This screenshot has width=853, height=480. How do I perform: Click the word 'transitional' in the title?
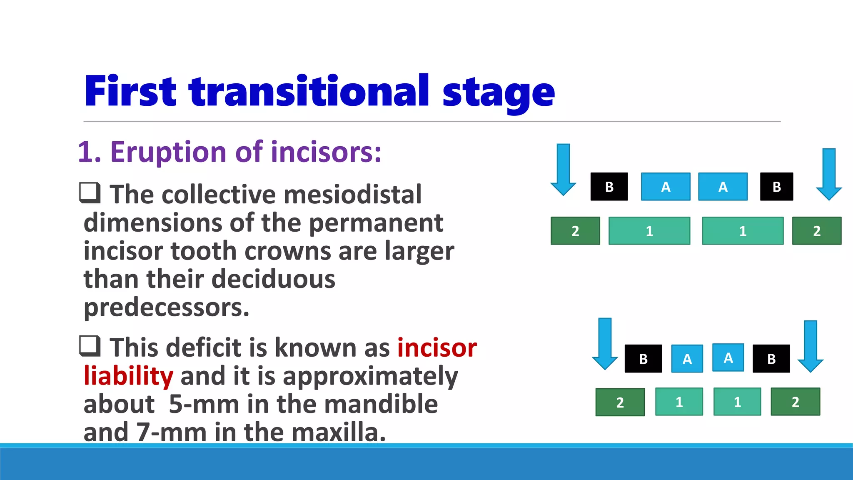(309, 91)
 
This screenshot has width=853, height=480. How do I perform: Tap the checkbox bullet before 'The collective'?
(90, 193)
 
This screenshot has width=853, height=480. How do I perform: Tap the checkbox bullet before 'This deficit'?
(90, 346)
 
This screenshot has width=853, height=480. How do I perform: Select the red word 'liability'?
(128, 376)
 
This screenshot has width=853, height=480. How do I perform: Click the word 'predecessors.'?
(167, 307)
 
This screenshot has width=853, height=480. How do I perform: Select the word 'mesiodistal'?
(352, 195)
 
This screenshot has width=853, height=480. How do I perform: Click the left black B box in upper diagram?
(609, 187)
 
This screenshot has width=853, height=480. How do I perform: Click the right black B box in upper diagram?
(776, 187)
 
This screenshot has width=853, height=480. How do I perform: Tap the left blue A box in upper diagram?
(666, 187)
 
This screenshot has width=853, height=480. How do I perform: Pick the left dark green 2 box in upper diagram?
(575, 230)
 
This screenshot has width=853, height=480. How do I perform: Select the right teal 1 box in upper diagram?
(743, 230)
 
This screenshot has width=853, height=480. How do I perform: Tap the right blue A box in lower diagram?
(728, 357)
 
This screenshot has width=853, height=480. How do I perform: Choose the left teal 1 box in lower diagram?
(679, 402)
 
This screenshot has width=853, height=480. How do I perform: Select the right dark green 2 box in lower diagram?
(795, 402)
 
